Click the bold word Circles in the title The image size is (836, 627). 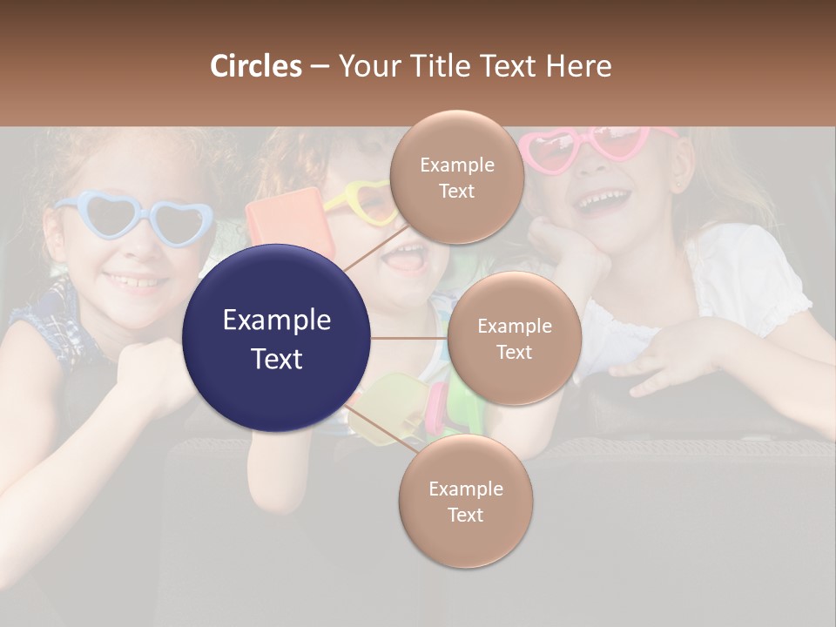pyautogui.click(x=255, y=66)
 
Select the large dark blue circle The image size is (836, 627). pyautogui.click(x=276, y=338)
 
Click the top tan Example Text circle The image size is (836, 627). pyautogui.click(x=456, y=177)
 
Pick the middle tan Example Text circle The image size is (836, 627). pyautogui.click(x=514, y=338)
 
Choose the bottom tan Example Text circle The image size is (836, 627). pyautogui.click(x=465, y=501)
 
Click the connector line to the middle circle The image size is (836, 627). pyautogui.click(x=408, y=338)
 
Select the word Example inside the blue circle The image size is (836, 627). pyautogui.click(x=276, y=320)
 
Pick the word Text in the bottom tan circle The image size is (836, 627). pyautogui.click(x=465, y=515)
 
